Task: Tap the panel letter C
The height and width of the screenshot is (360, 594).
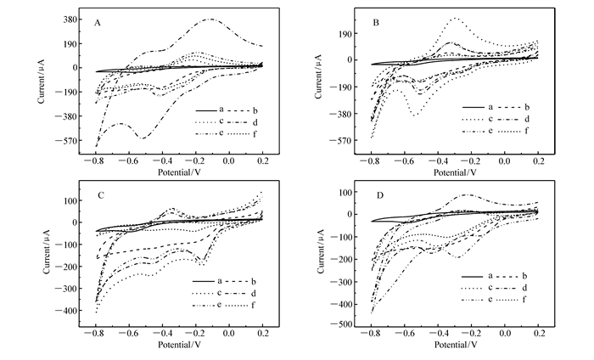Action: pyautogui.click(x=100, y=195)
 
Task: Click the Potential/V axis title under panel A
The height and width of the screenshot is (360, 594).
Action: pyautogui.click(x=179, y=170)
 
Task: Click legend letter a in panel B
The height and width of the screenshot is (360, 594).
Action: pyautogui.click(x=490, y=107)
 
